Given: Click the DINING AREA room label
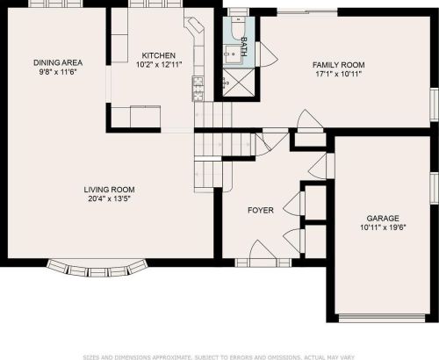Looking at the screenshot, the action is (x=58, y=62).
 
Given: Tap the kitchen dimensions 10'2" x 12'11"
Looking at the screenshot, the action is (x=159, y=64).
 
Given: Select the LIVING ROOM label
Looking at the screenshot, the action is (x=109, y=190).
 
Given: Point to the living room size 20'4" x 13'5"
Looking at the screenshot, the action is (x=109, y=198).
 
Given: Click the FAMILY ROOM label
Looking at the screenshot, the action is (x=339, y=65).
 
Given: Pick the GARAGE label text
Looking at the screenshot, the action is (x=383, y=219).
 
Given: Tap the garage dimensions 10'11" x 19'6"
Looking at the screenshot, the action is (x=383, y=227).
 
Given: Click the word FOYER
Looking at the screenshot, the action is (x=261, y=210).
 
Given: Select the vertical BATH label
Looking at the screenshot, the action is (x=244, y=47).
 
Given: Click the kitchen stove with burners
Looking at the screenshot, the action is (x=198, y=89).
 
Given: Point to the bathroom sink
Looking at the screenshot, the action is (x=233, y=54).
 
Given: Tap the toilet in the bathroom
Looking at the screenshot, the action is (x=238, y=28).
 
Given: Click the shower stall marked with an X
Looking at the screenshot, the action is (x=238, y=83).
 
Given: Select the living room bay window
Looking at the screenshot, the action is (x=97, y=268).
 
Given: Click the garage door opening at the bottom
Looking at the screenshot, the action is (x=382, y=318).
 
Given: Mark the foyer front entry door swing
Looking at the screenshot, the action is (x=263, y=250).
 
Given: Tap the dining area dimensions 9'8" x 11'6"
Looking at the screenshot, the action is (x=58, y=72).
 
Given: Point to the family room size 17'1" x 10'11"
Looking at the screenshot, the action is (x=339, y=74).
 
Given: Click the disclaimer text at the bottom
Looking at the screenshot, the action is (x=219, y=357).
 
